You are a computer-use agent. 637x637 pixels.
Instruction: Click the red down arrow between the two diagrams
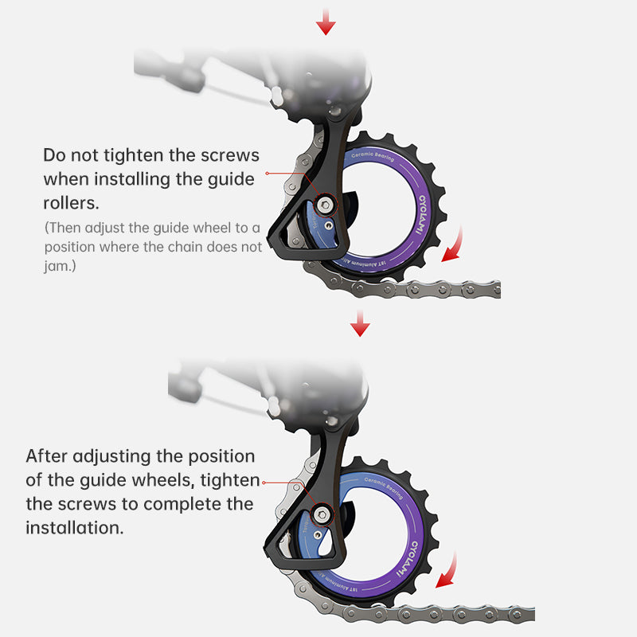[x=361, y=322]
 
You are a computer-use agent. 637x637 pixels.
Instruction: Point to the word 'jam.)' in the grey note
[x=61, y=267]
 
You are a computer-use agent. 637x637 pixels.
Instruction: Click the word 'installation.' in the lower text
[x=75, y=527]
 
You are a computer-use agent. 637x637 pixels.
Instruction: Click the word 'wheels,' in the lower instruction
[x=156, y=480]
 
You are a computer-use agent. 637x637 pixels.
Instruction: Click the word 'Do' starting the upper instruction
[x=54, y=154]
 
